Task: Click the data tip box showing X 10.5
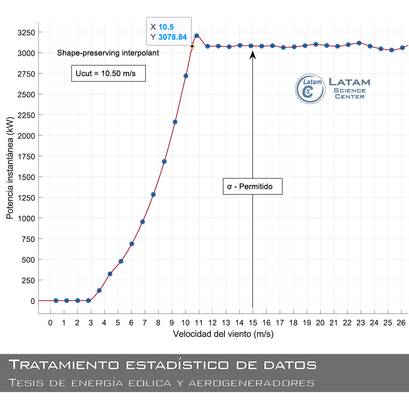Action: [169, 32]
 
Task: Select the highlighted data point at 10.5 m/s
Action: [192, 46]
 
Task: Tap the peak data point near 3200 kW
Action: [197, 36]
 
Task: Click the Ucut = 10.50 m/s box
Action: [109, 73]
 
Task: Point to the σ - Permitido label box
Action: [253, 187]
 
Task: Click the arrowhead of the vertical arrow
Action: [253, 55]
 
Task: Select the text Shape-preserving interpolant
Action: [108, 53]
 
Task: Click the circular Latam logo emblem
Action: [310, 89]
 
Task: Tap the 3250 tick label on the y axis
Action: [26, 32]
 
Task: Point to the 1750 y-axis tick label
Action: [26, 156]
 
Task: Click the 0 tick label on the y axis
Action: [33, 301]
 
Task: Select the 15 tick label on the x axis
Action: [253, 323]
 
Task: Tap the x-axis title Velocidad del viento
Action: [223, 334]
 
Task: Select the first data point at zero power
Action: [56, 300]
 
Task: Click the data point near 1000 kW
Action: [142, 222]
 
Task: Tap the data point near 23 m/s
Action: [359, 43]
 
